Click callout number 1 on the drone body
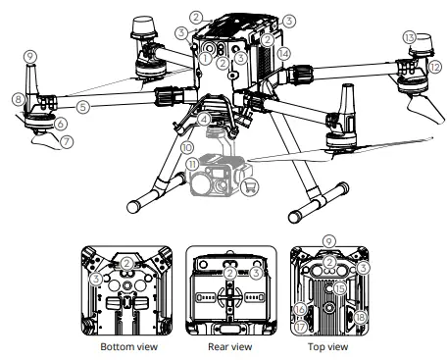tap(205, 58)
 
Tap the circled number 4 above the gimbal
tap(202, 120)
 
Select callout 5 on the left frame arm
tap(83, 104)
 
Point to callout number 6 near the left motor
tap(61, 124)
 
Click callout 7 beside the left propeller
tap(66, 141)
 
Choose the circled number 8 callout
tap(18, 99)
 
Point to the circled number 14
tap(284, 51)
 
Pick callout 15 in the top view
tap(339, 288)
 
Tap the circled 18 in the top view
tap(362, 318)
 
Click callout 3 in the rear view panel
tap(255, 274)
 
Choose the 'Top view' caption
tap(329, 347)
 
